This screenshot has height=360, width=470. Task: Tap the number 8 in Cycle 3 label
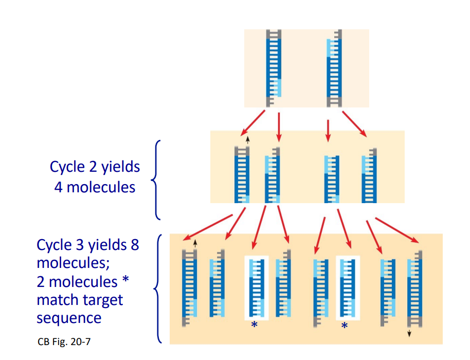(x=134, y=244)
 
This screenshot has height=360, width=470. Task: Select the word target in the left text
(x=103, y=299)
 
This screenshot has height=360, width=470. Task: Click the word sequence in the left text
(x=68, y=318)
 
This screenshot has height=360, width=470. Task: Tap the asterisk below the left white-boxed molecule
(x=254, y=326)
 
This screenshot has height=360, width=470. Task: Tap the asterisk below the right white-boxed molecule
(x=345, y=326)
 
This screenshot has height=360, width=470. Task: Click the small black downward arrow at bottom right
(x=409, y=333)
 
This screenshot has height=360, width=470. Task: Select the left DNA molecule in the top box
(x=273, y=68)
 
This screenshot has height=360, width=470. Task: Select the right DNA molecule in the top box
(x=334, y=68)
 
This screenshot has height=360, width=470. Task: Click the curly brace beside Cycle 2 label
(x=155, y=179)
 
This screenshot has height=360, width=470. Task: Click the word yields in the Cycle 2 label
(x=119, y=167)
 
